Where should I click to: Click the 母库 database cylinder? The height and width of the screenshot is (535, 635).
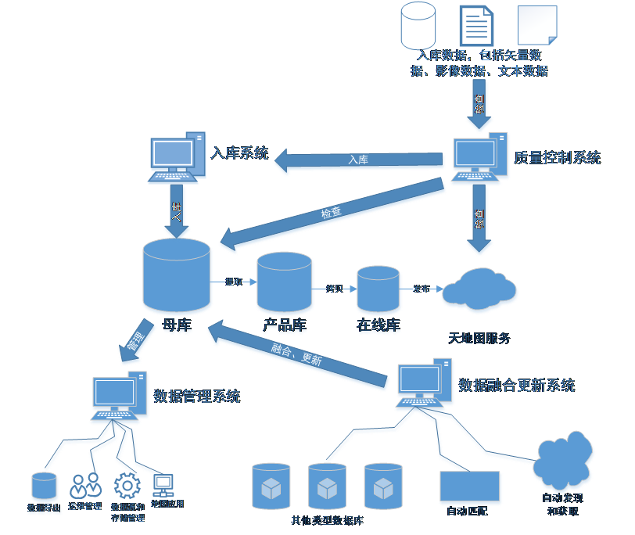point(177,278)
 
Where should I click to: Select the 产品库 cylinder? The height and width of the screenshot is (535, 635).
point(284,282)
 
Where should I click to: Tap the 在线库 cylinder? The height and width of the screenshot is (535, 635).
point(378,289)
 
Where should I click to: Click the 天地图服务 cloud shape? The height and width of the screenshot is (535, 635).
point(479,289)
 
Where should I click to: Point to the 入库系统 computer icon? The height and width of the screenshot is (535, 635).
point(177,158)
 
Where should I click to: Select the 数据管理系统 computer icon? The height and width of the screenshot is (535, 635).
point(119,397)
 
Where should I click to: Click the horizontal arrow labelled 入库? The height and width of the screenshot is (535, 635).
point(359,160)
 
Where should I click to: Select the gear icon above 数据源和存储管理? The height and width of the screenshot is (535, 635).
point(127,486)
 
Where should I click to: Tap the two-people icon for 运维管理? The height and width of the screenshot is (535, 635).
point(85,486)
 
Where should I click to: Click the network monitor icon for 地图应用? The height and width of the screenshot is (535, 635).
point(163,485)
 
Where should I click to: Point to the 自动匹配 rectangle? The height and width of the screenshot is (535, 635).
point(470,487)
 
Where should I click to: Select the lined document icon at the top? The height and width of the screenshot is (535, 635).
point(476,26)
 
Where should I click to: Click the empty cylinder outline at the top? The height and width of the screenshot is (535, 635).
point(418,26)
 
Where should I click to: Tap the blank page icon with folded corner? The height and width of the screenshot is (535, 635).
point(537,26)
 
